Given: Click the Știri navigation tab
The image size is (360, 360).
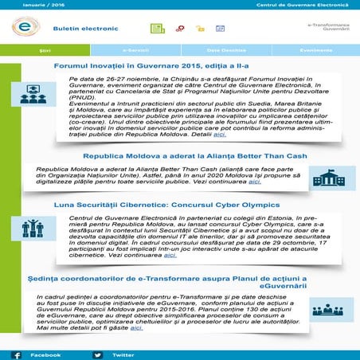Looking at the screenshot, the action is (44, 49).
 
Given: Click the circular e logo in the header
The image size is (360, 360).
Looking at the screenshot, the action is (25, 27).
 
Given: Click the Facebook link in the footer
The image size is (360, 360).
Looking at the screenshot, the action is (45, 354).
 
